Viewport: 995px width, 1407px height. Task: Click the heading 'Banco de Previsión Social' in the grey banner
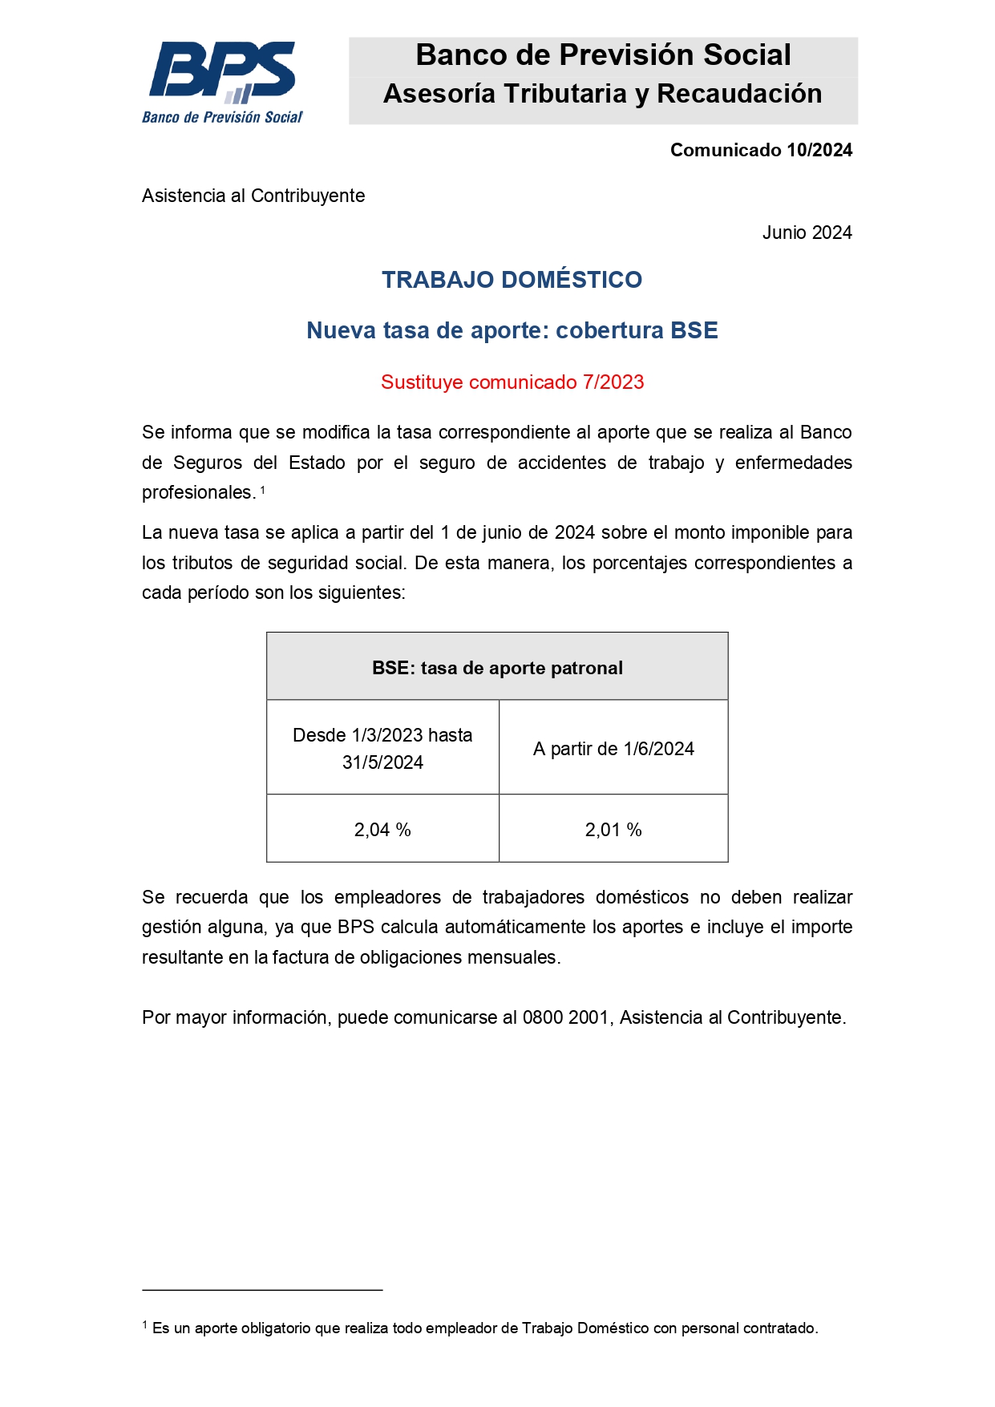click(x=603, y=55)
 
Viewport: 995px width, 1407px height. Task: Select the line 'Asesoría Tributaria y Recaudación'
click(x=603, y=94)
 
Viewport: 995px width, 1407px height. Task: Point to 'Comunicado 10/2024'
click(x=761, y=150)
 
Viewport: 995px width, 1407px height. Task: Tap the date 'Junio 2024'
click(x=807, y=232)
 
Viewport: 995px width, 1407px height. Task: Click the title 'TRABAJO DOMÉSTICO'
click(x=512, y=280)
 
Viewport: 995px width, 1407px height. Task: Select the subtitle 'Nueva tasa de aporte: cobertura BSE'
click(x=512, y=330)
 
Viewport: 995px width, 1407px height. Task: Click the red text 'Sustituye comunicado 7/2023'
click(x=512, y=382)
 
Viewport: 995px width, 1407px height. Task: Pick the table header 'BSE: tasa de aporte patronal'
click(x=497, y=668)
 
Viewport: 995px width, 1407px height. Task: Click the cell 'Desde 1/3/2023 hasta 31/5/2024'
click(x=382, y=748)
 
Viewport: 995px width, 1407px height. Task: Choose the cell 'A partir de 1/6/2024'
click(x=613, y=749)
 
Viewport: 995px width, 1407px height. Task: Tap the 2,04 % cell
click(x=382, y=830)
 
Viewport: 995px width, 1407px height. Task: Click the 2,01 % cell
click(x=613, y=830)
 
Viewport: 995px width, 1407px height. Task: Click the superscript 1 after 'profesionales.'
click(x=262, y=489)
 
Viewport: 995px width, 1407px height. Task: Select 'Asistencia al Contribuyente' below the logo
click(x=253, y=196)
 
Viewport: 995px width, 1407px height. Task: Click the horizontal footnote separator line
click(x=262, y=1290)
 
